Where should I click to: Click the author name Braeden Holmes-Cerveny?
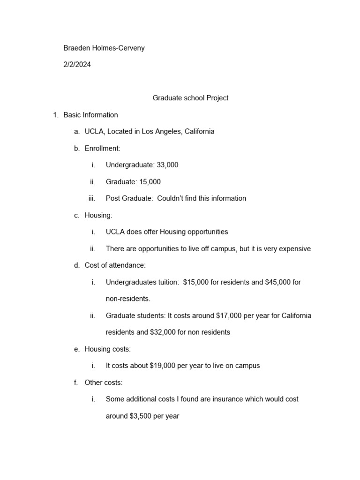pos(104,48)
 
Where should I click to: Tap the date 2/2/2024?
pos(77,65)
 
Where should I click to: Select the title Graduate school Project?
pos(190,98)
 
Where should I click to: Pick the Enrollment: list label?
pos(102,148)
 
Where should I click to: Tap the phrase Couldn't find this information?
pos(202,198)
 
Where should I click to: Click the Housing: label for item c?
pos(98,215)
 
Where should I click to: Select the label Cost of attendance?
pos(115,265)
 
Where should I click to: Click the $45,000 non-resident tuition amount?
pos(278,282)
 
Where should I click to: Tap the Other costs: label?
pos(103,382)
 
